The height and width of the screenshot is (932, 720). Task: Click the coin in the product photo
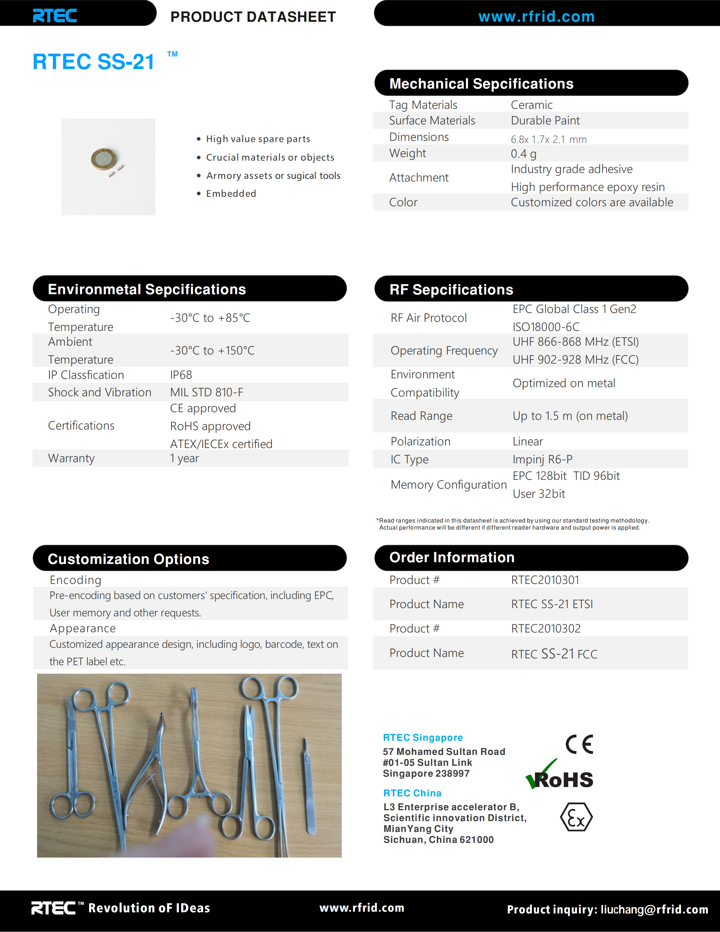pos(103,159)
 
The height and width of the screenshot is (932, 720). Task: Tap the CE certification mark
pos(579,744)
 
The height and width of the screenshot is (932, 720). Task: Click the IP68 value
pos(181,375)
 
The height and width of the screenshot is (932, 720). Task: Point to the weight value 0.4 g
pos(523,154)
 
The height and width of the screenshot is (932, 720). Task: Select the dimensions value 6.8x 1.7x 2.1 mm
pos(549,139)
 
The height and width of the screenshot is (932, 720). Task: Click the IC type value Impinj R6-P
pos(542,460)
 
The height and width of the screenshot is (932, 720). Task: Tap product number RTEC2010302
pos(546,629)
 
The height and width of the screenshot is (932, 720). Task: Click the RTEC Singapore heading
pos(422,738)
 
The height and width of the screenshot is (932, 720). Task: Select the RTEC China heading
pos(412,793)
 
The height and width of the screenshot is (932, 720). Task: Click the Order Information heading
pos(452,557)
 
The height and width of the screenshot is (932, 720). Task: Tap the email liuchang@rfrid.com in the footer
pos(654,909)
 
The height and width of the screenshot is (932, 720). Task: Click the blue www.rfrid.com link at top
pos(536,17)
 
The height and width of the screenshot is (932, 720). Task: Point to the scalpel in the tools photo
pos(309,787)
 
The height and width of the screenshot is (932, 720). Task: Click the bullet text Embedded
pos(231,194)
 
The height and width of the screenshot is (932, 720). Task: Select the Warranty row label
pos(71,458)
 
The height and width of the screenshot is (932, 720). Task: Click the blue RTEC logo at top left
pos(55,16)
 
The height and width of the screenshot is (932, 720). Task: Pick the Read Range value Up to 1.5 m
pos(570,416)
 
